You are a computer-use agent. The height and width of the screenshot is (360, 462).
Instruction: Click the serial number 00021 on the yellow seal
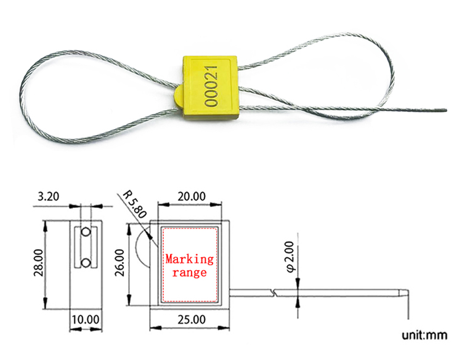click(211, 87)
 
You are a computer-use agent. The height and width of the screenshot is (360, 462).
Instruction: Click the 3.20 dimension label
click(49, 197)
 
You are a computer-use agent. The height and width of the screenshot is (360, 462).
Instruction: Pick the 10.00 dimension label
click(84, 319)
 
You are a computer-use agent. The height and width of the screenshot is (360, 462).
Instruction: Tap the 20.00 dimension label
click(192, 197)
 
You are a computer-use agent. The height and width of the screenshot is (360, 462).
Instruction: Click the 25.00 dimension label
click(192, 319)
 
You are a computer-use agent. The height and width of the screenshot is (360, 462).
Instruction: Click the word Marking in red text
click(190, 259)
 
